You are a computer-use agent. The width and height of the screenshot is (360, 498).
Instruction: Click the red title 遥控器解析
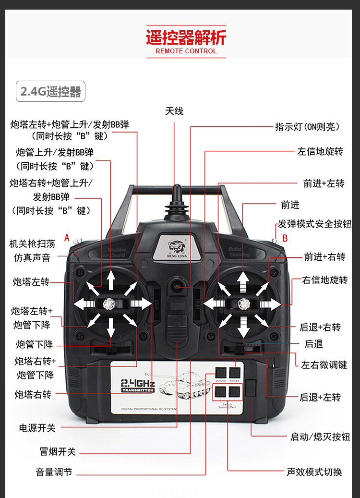186,37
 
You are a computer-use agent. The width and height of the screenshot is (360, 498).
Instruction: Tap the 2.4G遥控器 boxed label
51,91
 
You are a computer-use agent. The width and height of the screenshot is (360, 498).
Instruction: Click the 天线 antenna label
174,111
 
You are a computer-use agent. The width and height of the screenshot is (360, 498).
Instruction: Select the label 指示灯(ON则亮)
307,127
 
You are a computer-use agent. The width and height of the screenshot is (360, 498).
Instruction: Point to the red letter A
67,237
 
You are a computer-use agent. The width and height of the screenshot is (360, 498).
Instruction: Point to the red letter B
285,238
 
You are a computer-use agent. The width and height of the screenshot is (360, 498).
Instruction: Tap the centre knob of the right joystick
243,304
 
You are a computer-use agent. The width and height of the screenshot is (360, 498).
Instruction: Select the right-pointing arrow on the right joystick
270,304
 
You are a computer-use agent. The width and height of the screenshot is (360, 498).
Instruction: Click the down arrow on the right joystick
243,328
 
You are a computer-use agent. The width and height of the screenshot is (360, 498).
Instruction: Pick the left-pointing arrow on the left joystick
84,304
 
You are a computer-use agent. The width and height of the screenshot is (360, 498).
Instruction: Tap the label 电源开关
37,427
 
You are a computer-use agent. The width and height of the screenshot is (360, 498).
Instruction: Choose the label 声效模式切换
314,472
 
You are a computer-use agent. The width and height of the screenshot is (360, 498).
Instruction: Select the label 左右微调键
324,365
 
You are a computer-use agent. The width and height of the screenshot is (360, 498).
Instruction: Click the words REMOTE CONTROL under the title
186,51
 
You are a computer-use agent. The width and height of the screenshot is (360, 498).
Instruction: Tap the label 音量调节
54,472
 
